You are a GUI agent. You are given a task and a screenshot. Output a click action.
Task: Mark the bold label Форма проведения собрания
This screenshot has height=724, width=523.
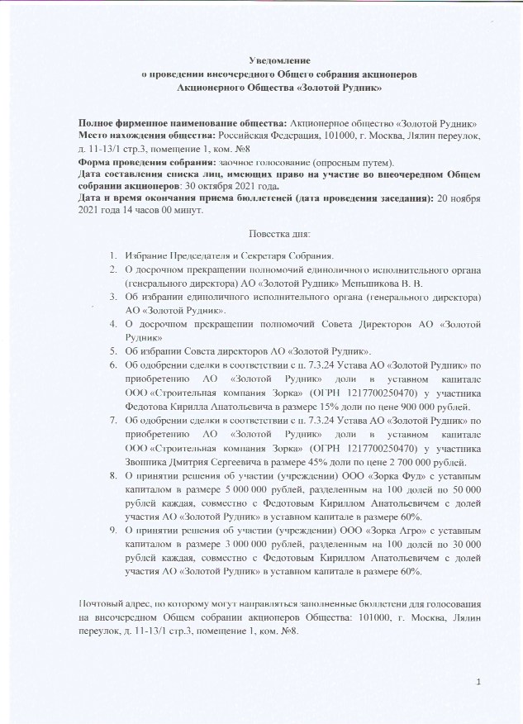(146, 163)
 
